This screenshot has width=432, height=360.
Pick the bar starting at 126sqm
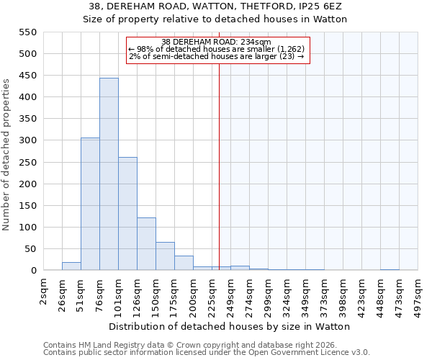[146, 244]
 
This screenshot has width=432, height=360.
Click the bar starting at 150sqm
[165, 256]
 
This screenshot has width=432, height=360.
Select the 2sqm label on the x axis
[44, 292]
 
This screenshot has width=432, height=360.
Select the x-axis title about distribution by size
[230, 326]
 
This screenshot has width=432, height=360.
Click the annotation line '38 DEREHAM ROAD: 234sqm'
[216, 42]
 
